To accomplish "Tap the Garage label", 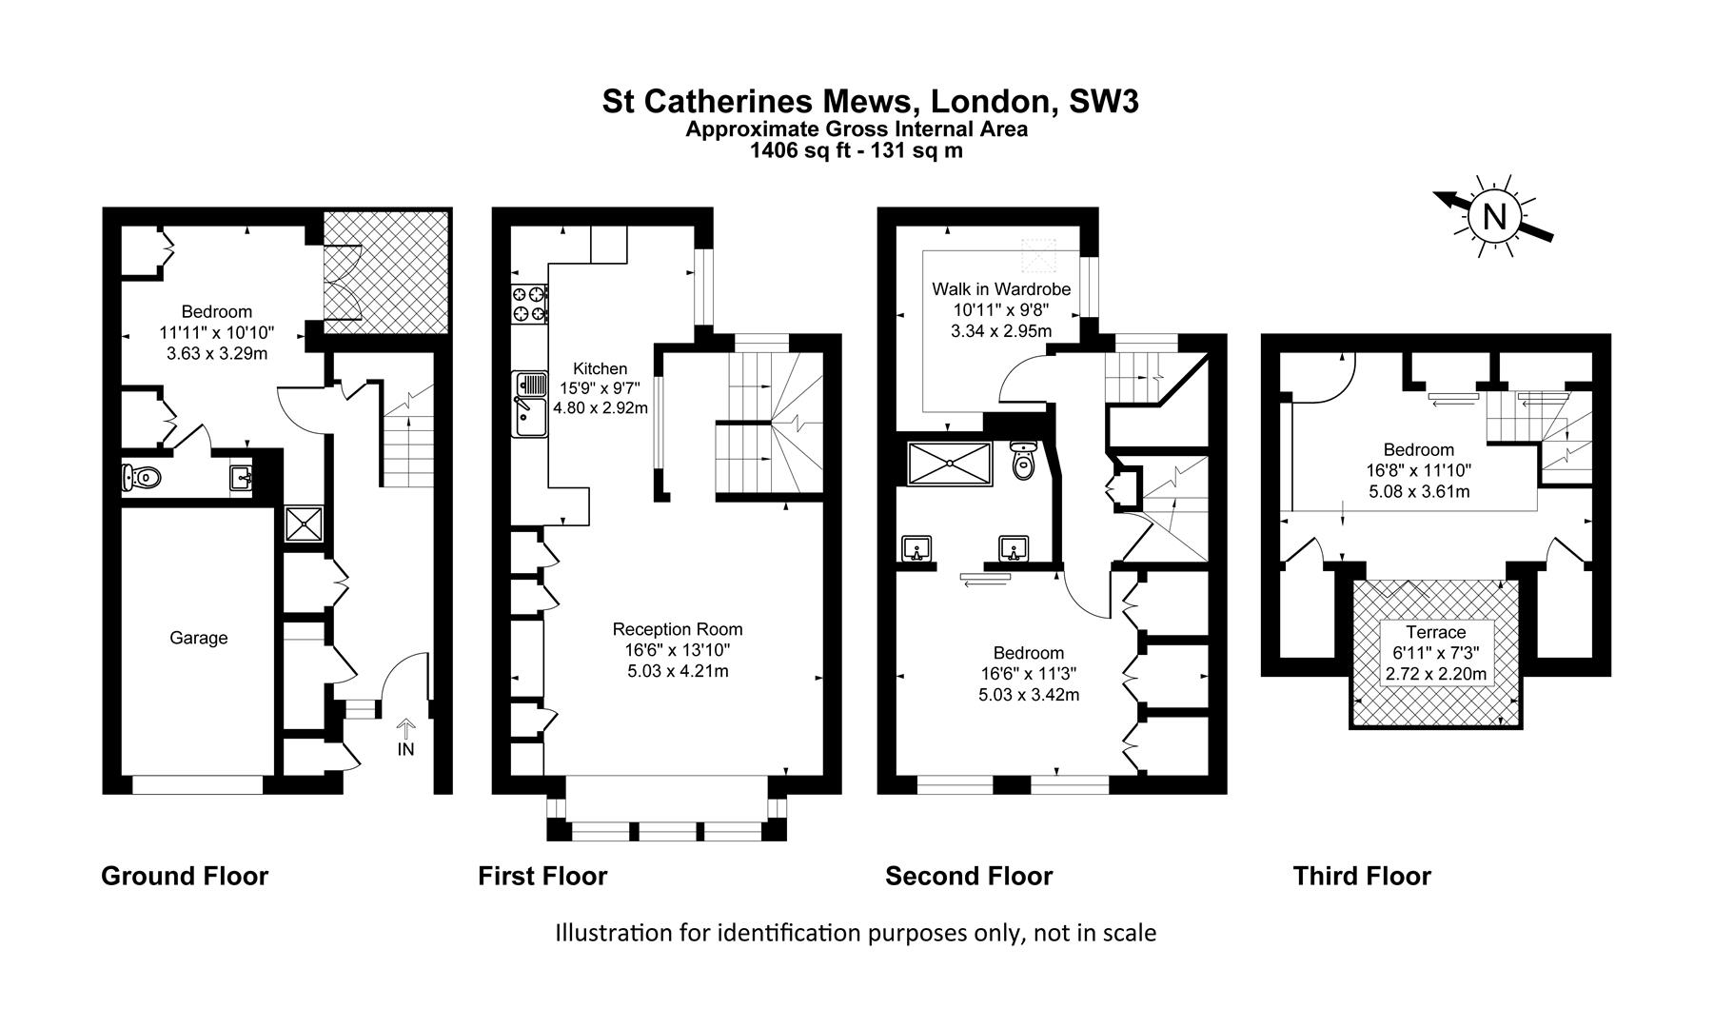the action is [199, 638].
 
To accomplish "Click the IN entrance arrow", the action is [405, 730].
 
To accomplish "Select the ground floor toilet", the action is [142, 477].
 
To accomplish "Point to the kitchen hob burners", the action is [530, 303].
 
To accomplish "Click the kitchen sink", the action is [529, 404].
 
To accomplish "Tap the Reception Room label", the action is [678, 629].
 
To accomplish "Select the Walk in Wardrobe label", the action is [1001, 288].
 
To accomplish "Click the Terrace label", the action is [1436, 632].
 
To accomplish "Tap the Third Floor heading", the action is [1362, 876].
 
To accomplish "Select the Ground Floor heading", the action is [185, 876].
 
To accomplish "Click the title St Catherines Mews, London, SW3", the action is [870, 102].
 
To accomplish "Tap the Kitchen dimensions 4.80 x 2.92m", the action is [601, 407].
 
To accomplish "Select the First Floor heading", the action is [542, 876].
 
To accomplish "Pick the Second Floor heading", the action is [969, 876].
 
